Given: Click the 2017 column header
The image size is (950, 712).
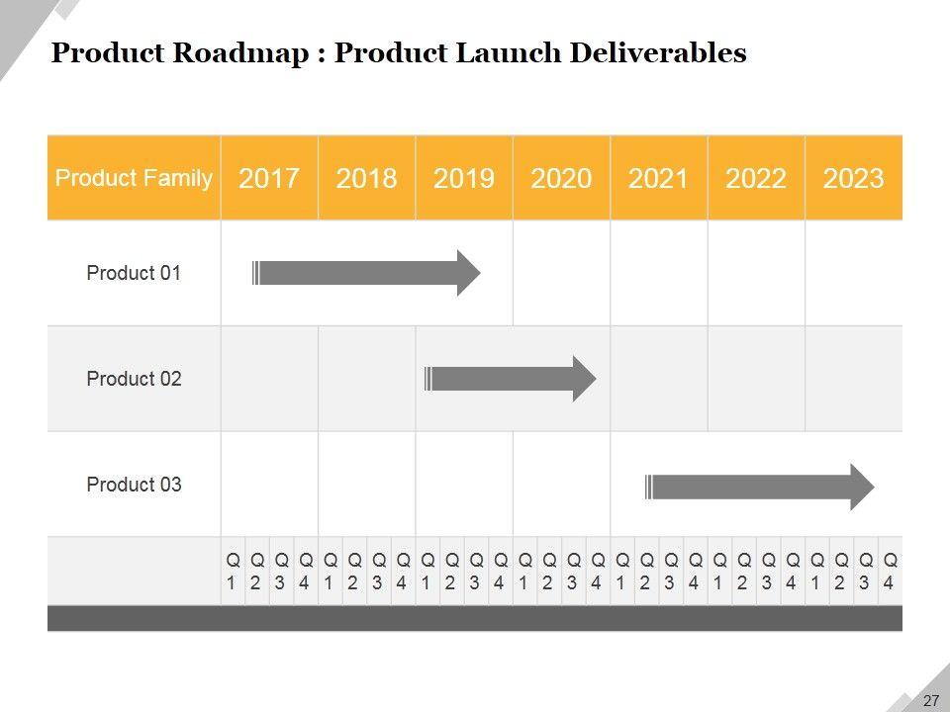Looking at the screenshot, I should [x=269, y=178].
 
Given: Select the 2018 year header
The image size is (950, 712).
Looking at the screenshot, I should [x=366, y=178].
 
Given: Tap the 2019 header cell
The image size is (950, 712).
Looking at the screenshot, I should [x=463, y=178].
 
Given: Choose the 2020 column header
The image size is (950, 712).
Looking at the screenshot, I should [x=561, y=178].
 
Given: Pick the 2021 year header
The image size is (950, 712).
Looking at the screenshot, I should [x=658, y=178].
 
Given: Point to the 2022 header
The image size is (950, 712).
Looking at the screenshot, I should [x=756, y=178].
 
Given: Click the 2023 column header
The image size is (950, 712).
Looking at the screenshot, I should [x=853, y=178].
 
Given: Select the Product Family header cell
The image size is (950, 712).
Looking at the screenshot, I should [x=134, y=178].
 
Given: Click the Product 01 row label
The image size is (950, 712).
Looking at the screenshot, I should [x=134, y=273].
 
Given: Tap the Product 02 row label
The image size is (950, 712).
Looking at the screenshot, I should [x=134, y=379].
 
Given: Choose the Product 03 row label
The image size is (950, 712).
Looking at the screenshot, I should [x=134, y=485].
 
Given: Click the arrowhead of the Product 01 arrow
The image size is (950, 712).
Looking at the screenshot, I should [x=468, y=273].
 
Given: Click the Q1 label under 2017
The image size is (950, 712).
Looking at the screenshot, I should [x=233, y=571].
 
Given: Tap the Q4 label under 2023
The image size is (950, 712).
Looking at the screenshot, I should [x=889, y=571].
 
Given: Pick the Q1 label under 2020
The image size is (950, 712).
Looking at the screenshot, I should [x=524, y=571].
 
